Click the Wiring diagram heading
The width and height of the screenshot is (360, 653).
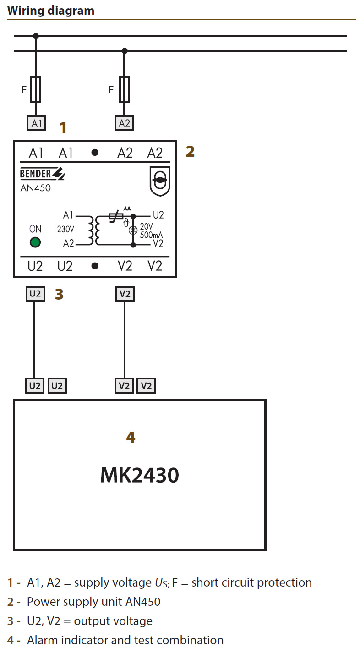coord(51,11)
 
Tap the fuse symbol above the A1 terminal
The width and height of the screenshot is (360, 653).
coord(36,89)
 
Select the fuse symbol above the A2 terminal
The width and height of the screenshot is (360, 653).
coord(125,89)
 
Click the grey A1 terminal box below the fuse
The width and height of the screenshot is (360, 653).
coord(36,123)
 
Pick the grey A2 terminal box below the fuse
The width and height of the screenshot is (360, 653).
coord(124,123)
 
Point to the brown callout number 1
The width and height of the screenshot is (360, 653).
coord(63,127)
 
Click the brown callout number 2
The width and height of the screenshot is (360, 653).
coord(190,151)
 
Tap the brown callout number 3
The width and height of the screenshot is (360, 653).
coord(59,294)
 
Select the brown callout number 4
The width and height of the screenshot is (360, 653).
coord(131,437)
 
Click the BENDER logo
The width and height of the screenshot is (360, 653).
coord(42,174)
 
